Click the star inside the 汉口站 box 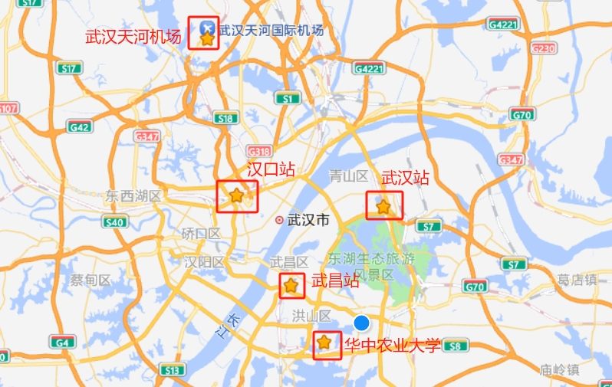click(x=236, y=195)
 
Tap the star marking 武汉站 click(x=383, y=206)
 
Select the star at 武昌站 click(x=291, y=286)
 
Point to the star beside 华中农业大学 click(x=325, y=342)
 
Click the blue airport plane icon click(x=206, y=28)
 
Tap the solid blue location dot click(x=362, y=323)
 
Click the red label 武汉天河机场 click(x=133, y=36)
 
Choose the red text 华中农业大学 click(x=393, y=345)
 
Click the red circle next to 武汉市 click(x=279, y=220)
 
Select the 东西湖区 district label click(x=134, y=196)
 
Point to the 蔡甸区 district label click(x=90, y=280)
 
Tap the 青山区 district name click(x=349, y=176)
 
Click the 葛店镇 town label click(x=577, y=280)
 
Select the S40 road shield click(x=114, y=222)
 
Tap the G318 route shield click(x=259, y=151)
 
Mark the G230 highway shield click(x=542, y=49)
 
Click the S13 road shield click(x=172, y=370)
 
